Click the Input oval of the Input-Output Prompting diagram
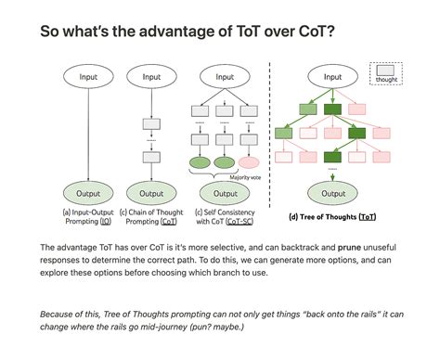coord(88,77)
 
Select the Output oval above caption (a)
coord(88,193)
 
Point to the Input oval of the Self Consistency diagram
coord(223,77)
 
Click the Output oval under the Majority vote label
coord(223,193)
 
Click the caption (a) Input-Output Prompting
coord(88,217)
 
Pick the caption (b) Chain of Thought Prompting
coord(153,217)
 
